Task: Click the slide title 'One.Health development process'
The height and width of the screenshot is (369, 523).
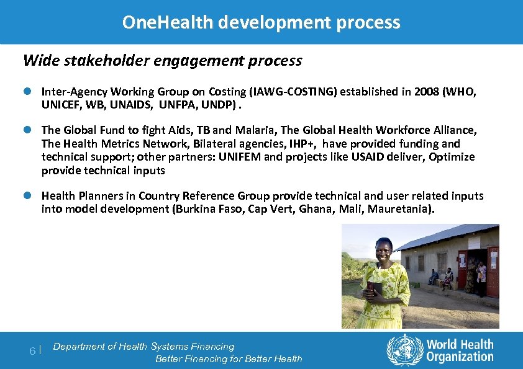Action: click(x=261, y=22)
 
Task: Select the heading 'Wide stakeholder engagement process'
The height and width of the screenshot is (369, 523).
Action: click(x=162, y=61)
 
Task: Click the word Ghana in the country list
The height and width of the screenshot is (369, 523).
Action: click(x=316, y=209)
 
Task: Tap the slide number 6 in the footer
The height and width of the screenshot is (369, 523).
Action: click(x=33, y=351)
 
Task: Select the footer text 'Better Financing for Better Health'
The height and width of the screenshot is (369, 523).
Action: click(x=229, y=359)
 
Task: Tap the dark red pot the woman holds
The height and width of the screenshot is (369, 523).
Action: click(x=374, y=289)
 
